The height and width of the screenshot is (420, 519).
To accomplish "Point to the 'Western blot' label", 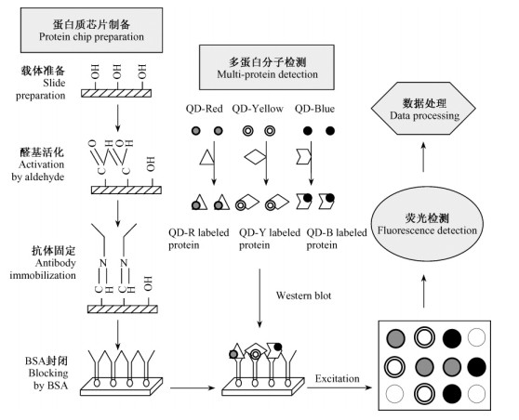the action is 303,295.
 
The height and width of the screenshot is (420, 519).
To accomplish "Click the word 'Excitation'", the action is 337,378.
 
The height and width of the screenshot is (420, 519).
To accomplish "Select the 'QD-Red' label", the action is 204,109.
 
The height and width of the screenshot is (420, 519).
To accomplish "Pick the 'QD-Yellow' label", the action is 258,109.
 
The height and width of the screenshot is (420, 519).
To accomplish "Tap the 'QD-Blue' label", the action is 314,109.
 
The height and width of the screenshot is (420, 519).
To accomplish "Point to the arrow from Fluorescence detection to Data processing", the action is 423,157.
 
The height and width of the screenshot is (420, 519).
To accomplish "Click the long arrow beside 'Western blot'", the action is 259,298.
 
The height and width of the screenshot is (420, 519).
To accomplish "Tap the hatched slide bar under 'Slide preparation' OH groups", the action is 116,93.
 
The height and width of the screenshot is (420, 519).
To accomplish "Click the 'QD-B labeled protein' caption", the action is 337,239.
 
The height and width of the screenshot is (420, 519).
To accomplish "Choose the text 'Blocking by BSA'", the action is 48,379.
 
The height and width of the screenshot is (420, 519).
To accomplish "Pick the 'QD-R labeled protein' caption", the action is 199,239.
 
